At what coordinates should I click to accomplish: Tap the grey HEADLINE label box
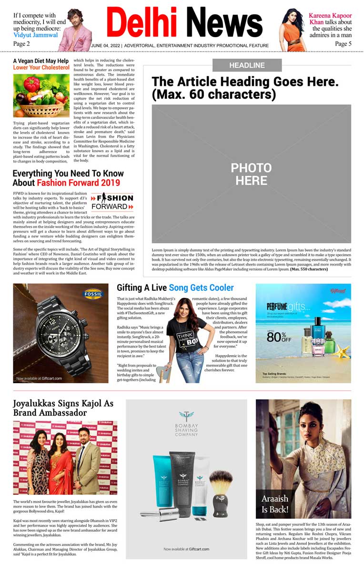click(x=247, y=65)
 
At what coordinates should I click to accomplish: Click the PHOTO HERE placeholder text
click(x=251, y=174)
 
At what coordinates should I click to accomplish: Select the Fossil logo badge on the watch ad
click(x=93, y=294)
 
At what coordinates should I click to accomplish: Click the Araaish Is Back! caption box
click(x=275, y=503)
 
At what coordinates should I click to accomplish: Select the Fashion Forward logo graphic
click(x=112, y=202)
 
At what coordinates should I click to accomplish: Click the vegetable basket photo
click(x=41, y=96)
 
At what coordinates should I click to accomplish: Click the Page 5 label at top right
click(x=343, y=43)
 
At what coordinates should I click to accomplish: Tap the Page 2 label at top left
click(x=21, y=43)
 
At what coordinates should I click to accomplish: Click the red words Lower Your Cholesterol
click(x=41, y=68)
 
